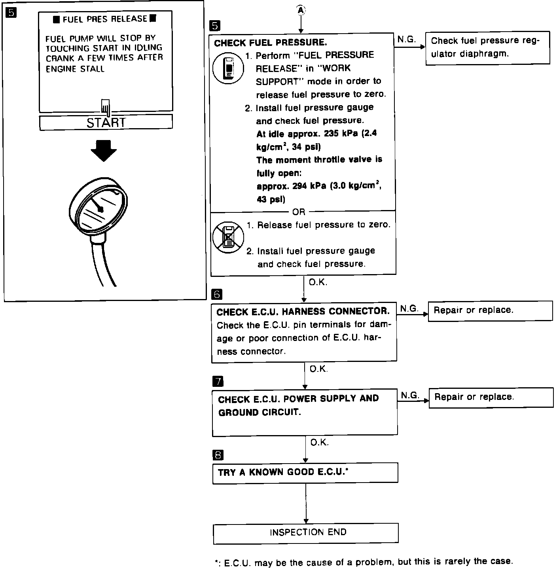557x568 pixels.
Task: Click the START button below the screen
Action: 106,122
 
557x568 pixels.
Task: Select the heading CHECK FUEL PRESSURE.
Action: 271,43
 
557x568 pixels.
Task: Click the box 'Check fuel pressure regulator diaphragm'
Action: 487,47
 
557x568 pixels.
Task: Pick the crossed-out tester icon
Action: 227,237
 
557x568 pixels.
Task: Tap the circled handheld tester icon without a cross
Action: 227,68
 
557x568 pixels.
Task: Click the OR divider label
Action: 299,212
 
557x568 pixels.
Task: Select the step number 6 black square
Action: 217,294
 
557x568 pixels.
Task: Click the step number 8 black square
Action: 218,455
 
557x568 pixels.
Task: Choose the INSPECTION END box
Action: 306,533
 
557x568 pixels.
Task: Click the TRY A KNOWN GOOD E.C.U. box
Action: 305,472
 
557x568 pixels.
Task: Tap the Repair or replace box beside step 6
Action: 490,311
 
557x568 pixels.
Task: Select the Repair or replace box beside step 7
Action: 491,397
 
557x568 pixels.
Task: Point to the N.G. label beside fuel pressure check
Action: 406,40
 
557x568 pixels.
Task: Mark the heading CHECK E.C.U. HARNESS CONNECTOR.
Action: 303,312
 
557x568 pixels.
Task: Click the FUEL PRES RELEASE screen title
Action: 105,19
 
